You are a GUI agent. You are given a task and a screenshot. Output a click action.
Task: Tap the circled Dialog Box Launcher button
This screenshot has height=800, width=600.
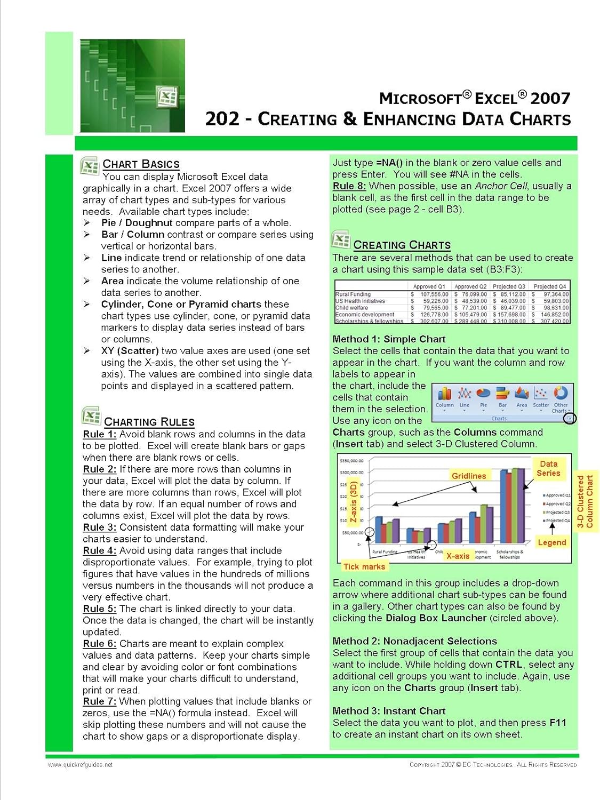coord(570,419)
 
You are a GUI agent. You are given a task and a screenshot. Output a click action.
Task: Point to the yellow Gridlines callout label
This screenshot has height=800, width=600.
coord(469,476)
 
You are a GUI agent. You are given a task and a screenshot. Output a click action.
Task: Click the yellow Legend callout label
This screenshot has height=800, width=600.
coord(551,542)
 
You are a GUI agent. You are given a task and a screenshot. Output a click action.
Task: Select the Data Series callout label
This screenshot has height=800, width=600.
coord(548,468)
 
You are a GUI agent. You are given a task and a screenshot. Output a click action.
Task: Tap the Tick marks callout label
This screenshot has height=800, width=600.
coord(364,566)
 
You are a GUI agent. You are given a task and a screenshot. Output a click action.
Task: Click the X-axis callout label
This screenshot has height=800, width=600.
coord(458,556)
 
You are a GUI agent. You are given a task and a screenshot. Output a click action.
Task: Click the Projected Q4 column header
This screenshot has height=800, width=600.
coord(549,286)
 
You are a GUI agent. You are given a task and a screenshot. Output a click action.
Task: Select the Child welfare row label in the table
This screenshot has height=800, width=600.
coord(351,308)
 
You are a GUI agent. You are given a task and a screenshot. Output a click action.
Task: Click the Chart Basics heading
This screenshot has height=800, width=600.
coord(141,164)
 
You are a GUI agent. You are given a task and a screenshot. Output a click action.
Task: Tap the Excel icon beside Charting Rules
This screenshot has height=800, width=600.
coord(91,415)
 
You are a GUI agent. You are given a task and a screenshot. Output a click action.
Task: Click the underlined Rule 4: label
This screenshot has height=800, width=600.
coord(99,550)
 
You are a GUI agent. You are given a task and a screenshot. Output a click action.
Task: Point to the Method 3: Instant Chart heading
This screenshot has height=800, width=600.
coord(388,711)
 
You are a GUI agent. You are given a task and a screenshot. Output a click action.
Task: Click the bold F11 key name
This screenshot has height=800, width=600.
coord(557,723)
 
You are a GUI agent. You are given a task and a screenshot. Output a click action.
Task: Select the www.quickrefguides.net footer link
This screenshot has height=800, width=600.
coord(81,765)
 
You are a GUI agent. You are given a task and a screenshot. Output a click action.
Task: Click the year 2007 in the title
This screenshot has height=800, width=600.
coord(550,99)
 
